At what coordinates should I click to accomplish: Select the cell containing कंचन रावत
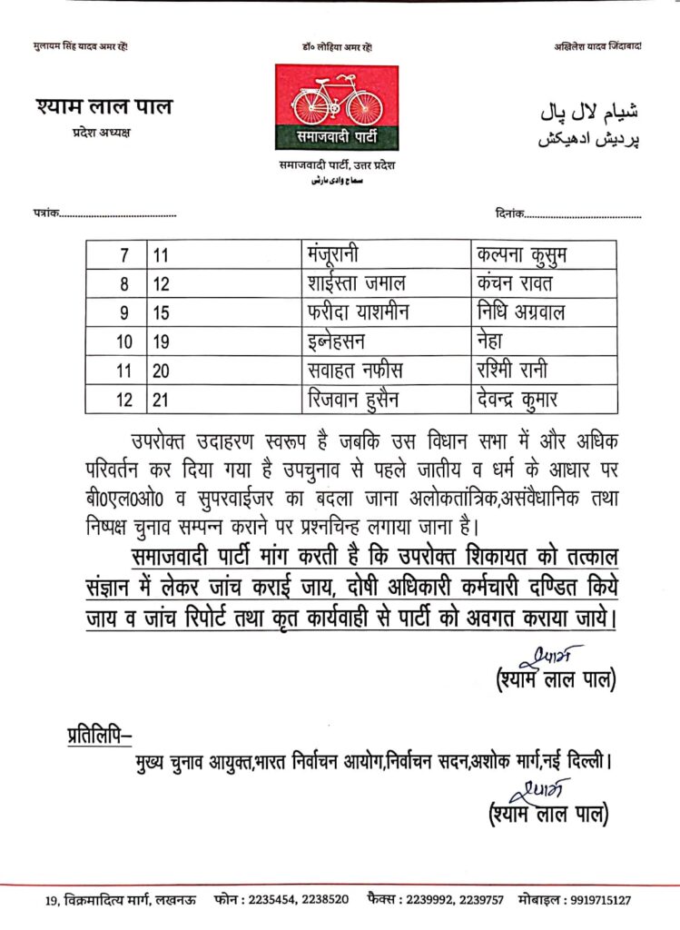[516, 283]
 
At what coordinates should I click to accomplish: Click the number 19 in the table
[162, 341]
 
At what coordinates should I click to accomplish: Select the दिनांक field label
[511, 214]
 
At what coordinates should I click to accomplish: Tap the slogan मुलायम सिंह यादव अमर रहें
[81, 46]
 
